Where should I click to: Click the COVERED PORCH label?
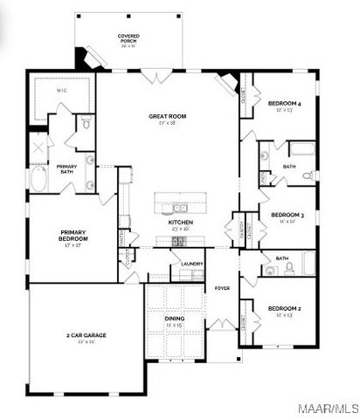129,38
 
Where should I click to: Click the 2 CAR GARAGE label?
86,336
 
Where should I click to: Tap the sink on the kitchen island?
179,208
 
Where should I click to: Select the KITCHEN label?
180,223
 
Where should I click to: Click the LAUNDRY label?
192,264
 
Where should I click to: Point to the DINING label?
175,320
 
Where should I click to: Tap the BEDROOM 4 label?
285,106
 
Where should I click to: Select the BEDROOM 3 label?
287,216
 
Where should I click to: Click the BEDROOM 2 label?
285,310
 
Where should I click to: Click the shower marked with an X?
38,146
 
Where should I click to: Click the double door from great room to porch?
160,78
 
